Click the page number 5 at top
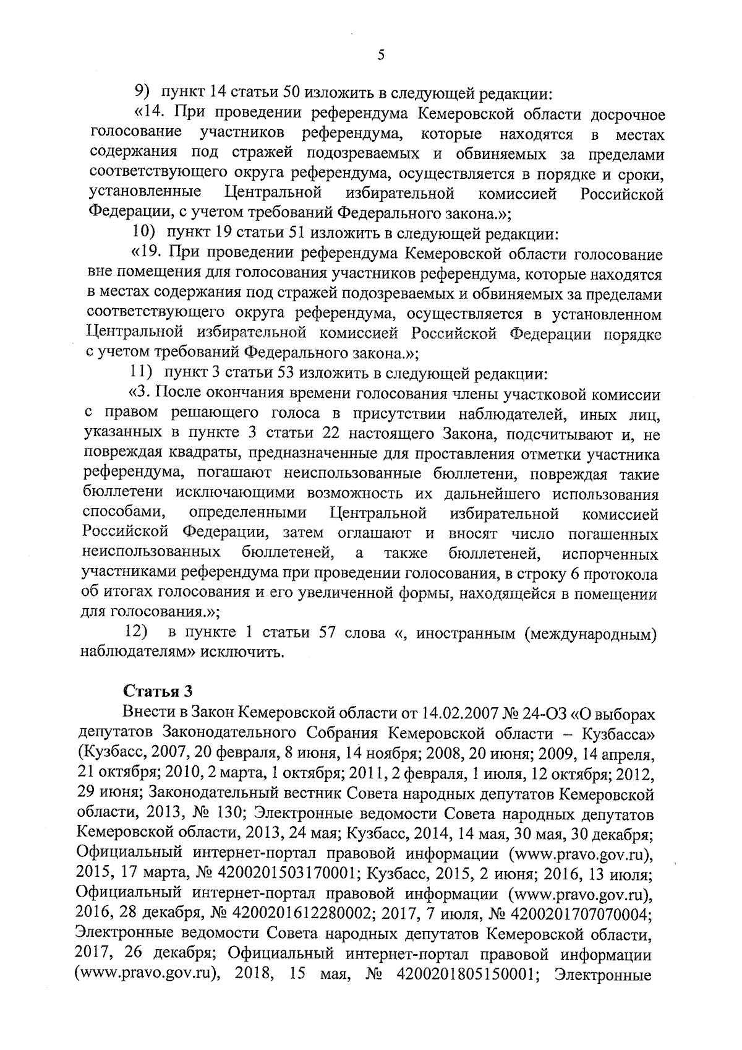pyautogui.click(x=381, y=54)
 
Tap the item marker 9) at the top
pyautogui.click(x=144, y=93)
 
